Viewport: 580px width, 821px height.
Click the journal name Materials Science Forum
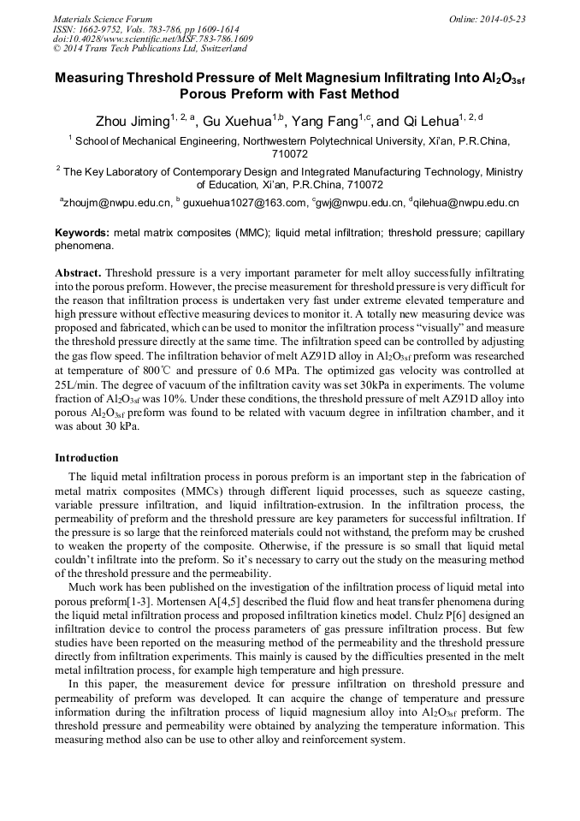(103, 19)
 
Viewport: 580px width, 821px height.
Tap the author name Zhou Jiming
(131, 122)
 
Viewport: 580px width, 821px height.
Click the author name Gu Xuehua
(237, 122)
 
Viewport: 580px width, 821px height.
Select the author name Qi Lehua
(428, 122)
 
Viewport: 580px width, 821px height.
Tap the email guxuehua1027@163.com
(243, 204)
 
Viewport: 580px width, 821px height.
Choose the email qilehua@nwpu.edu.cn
(467, 204)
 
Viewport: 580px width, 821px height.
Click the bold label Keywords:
(82, 233)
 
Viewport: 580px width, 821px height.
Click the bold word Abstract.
(78, 271)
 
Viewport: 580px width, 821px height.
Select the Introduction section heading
(86, 458)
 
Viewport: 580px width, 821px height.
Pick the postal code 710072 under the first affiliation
(289, 155)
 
